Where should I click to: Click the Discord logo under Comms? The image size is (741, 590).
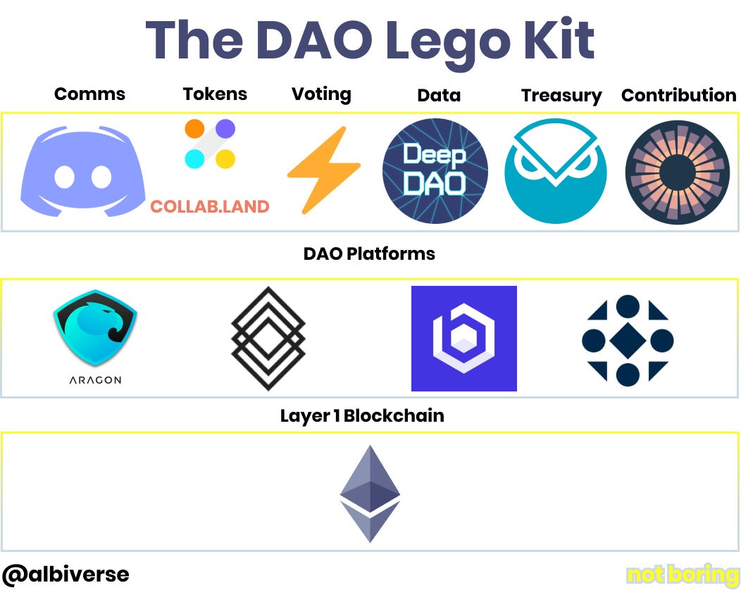tap(83, 171)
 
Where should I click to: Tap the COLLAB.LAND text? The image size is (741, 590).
tap(210, 207)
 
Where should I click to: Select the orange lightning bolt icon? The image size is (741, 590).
tap(323, 170)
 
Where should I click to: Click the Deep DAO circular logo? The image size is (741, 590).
tap(435, 171)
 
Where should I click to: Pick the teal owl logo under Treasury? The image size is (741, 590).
tap(556, 171)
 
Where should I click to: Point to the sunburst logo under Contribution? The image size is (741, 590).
tap(678, 172)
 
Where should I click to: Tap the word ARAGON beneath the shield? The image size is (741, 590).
tap(95, 380)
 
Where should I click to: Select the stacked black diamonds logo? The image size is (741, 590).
tap(268, 338)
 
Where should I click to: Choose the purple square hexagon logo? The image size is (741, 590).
tap(464, 339)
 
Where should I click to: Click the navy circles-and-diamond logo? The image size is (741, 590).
tap(628, 340)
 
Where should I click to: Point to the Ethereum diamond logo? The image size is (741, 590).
tap(370, 493)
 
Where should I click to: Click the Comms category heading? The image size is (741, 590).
tap(89, 94)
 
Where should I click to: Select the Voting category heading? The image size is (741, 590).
tap(321, 94)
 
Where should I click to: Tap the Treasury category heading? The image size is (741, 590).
tap(561, 96)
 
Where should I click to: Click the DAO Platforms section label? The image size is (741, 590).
tap(369, 253)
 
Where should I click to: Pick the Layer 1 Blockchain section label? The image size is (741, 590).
tap(362, 415)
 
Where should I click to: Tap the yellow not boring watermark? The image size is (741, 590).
tap(682, 575)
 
